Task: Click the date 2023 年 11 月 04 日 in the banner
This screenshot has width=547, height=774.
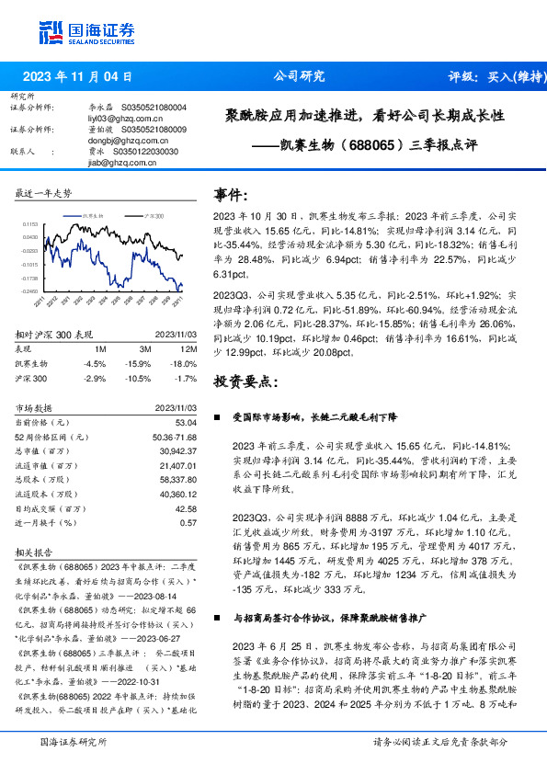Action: (77, 77)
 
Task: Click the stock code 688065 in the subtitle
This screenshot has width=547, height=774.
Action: (375, 144)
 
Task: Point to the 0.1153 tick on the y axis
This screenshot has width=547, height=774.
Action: (28, 224)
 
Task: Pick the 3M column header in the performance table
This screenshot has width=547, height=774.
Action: (143, 349)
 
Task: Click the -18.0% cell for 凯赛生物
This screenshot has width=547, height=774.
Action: (184, 363)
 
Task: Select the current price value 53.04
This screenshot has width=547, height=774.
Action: (186, 422)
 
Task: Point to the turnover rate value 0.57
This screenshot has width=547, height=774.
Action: (188, 522)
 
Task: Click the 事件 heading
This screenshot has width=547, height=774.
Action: (230, 194)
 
